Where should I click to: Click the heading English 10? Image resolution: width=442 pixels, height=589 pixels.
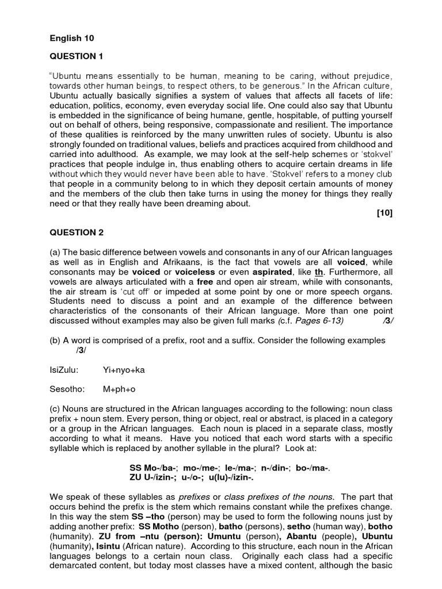point(71,38)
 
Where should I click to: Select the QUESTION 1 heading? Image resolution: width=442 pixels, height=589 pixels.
point(77,56)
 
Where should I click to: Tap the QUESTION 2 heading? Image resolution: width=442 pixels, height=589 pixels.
point(77,232)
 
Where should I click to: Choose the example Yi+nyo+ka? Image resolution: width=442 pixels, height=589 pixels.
point(124,370)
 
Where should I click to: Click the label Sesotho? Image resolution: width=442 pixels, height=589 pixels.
point(67,389)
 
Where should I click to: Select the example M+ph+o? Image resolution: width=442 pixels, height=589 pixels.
point(119,389)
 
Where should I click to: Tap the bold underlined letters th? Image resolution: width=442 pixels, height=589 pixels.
point(319,272)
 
